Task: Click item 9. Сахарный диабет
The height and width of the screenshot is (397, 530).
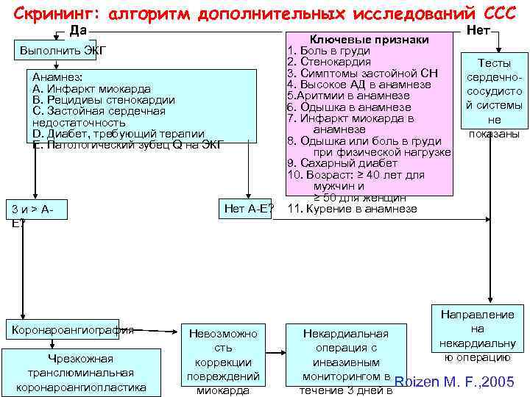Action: [342, 163]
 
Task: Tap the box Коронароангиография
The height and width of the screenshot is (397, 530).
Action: [71, 330]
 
